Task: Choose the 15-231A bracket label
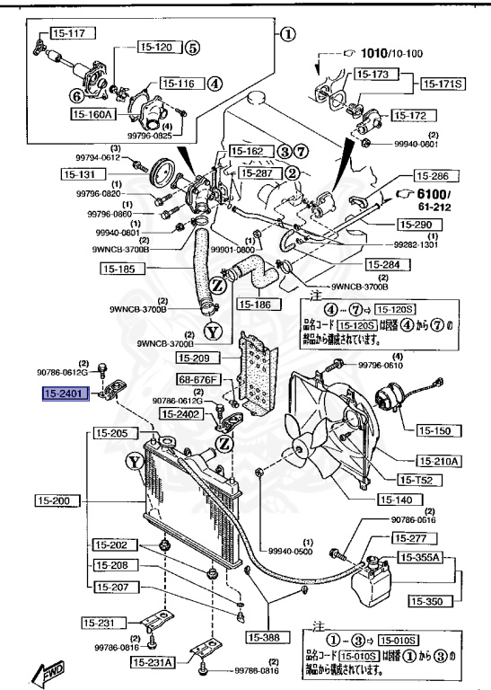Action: pyautogui.click(x=152, y=661)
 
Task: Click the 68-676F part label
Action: pyautogui.click(x=197, y=380)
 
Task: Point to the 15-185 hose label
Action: pyautogui.click(x=118, y=267)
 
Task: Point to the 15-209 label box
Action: pyautogui.click(x=197, y=357)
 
